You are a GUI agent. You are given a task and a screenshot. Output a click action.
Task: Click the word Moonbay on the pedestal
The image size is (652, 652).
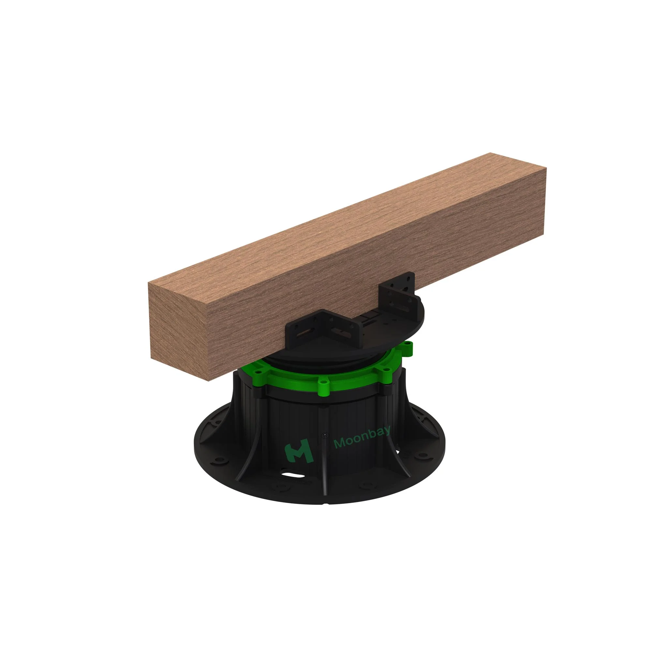pyautogui.click(x=362, y=437)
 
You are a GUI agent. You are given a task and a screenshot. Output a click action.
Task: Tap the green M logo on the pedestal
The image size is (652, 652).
pyautogui.click(x=298, y=451)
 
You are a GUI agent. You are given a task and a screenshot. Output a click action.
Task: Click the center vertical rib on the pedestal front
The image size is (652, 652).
pyautogui.click(x=325, y=456)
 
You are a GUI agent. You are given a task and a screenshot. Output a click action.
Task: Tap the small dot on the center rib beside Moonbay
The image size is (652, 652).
pyautogui.click(x=325, y=436)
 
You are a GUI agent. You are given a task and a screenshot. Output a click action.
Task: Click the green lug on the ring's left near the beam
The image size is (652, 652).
pyautogui.click(x=258, y=372)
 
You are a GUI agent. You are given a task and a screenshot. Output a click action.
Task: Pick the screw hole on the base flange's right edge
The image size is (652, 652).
pyautogui.click(x=422, y=456)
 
